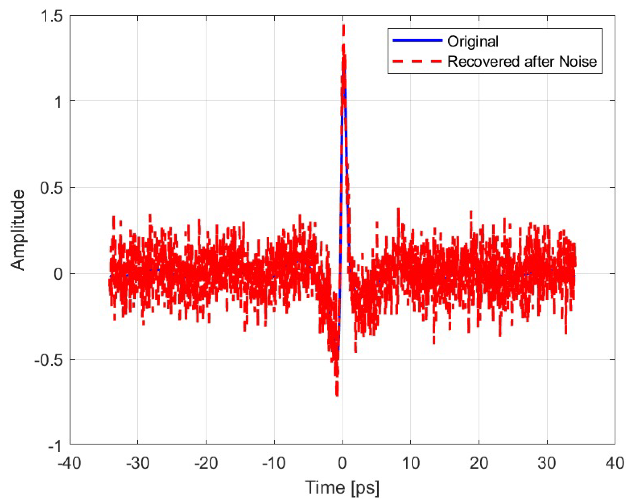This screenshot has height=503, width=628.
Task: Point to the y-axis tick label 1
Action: pos(59,102)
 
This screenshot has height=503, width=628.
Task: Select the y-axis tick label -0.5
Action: pos(48,360)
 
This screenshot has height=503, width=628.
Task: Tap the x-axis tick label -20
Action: pos(206,463)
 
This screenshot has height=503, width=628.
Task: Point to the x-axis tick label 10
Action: pos(410,463)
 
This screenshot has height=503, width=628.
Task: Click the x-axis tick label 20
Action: pos(479,463)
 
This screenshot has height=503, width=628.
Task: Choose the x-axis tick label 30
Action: pos(547,463)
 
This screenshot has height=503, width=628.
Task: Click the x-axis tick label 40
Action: pos(615,463)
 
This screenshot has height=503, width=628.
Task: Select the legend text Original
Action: pos(473,41)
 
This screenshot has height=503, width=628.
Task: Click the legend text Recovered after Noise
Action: pos(522,61)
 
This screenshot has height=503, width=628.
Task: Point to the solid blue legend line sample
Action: pos(417,40)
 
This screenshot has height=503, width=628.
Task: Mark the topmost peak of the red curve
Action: pos(344,26)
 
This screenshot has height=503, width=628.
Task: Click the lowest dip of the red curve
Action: pos(337,395)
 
